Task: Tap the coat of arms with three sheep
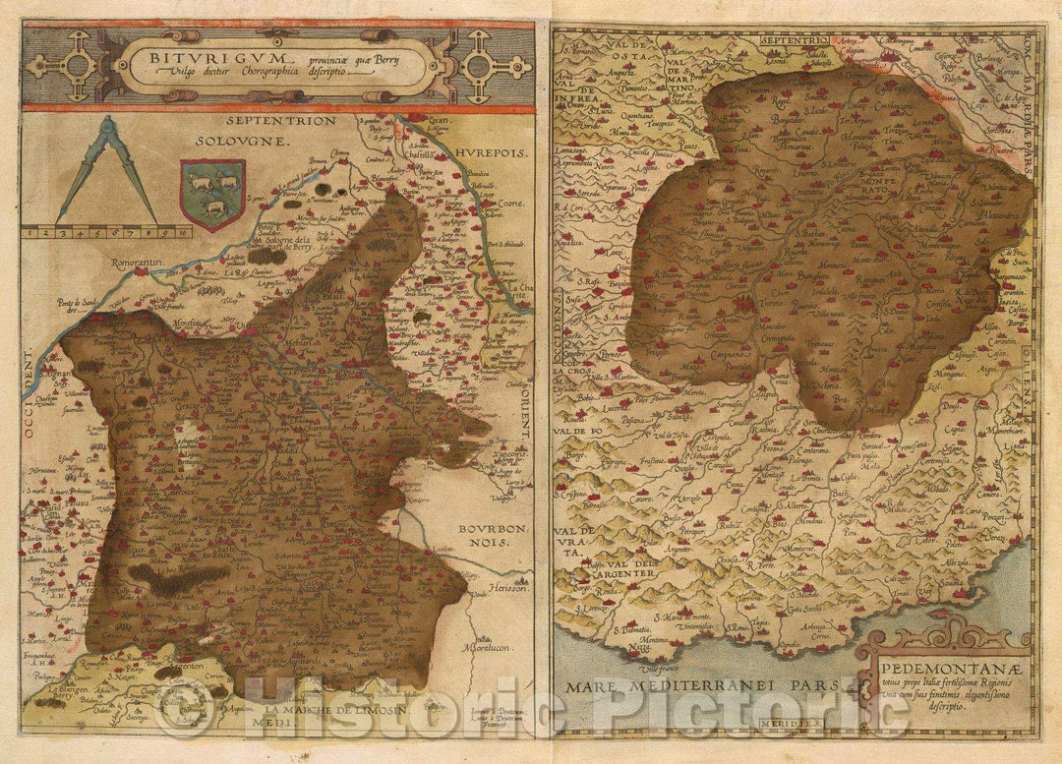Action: point(212,192)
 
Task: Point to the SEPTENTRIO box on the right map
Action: point(796,41)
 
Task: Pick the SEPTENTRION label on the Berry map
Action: point(280,121)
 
